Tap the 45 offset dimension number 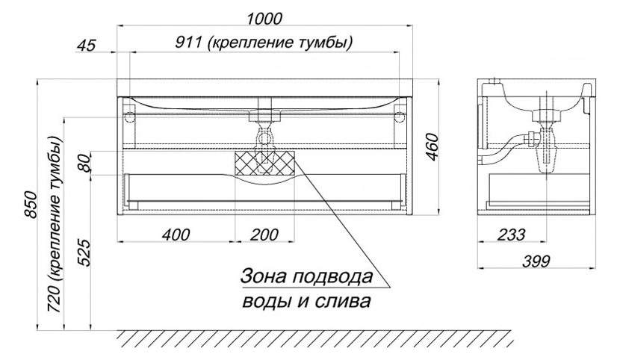click(x=87, y=45)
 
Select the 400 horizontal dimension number click(x=176, y=235)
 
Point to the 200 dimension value click(x=264, y=235)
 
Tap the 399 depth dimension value click(x=536, y=261)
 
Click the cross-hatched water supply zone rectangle click(x=265, y=163)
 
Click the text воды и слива click(x=306, y=302)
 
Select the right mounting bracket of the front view click(x=398, y=117)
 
